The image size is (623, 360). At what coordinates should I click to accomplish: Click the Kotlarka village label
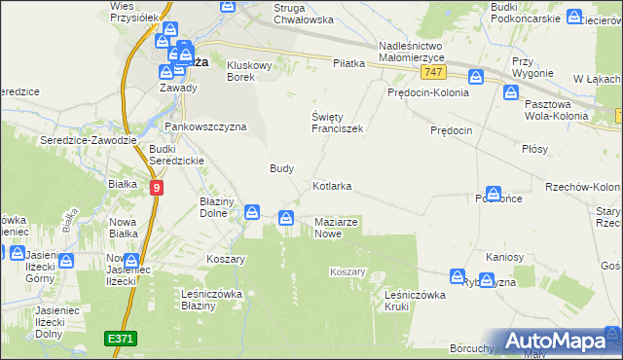[332, 185]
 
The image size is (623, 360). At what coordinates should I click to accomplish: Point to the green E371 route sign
[121, 338]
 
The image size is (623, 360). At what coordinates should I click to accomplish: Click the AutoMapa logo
[557, 342]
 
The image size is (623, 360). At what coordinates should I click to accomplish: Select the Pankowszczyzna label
[205, 126]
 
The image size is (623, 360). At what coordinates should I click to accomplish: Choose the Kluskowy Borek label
[253, 72]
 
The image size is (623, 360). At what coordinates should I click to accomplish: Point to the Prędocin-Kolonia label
[427, 93]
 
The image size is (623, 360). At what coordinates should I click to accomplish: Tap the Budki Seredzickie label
[175, 155]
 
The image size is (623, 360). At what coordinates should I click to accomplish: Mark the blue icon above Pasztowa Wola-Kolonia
[512, 92]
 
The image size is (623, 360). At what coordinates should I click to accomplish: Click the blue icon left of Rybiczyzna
[458, 278]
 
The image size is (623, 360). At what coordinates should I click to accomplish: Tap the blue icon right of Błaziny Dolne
[252, 211]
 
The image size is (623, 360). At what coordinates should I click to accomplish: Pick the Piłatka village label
[348, 63]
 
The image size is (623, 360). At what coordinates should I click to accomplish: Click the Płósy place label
[534, 149]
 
